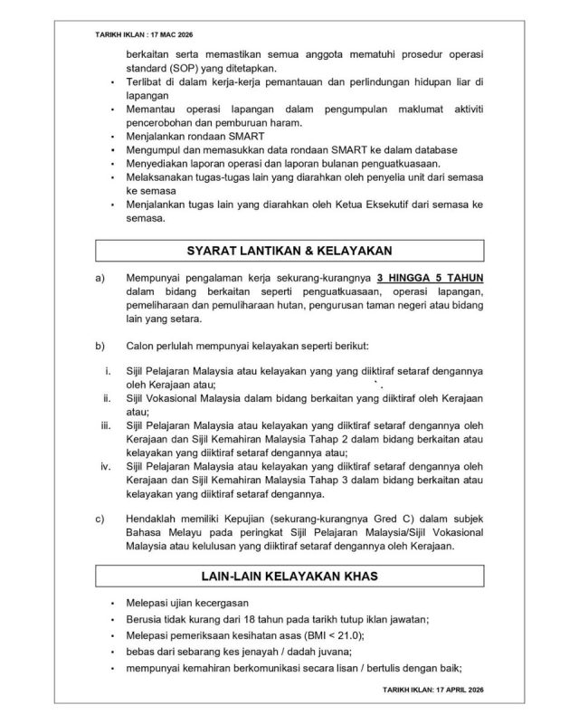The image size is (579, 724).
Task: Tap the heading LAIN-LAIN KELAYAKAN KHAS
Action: click(289, 576)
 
